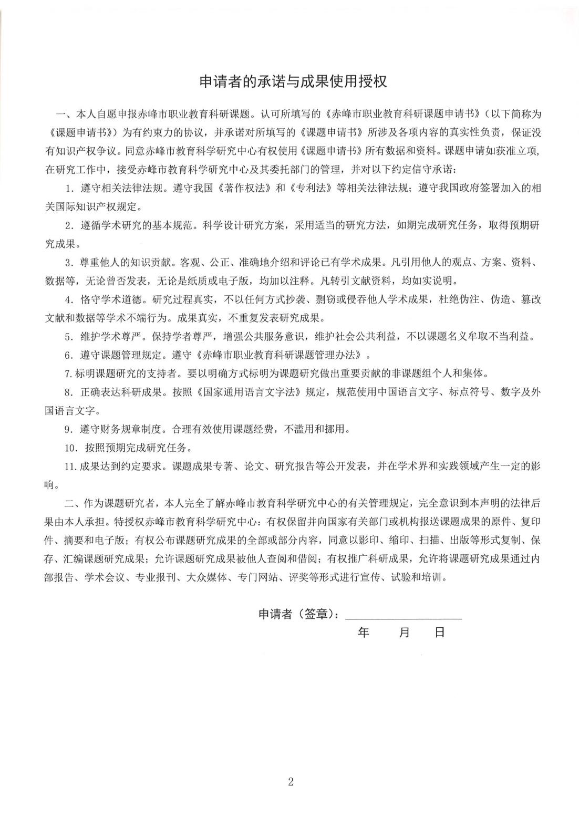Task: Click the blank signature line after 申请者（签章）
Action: (403, 616)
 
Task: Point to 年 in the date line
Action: (364, 632)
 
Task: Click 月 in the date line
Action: (404, 632)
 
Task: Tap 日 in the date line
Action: (440, 632)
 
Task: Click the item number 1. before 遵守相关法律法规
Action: (68, 188)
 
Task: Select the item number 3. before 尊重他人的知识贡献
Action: (68, 262)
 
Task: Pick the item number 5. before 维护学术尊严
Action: (68, 337)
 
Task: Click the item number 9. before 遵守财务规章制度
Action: (68, 429)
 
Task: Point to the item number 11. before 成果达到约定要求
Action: (70, 466)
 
